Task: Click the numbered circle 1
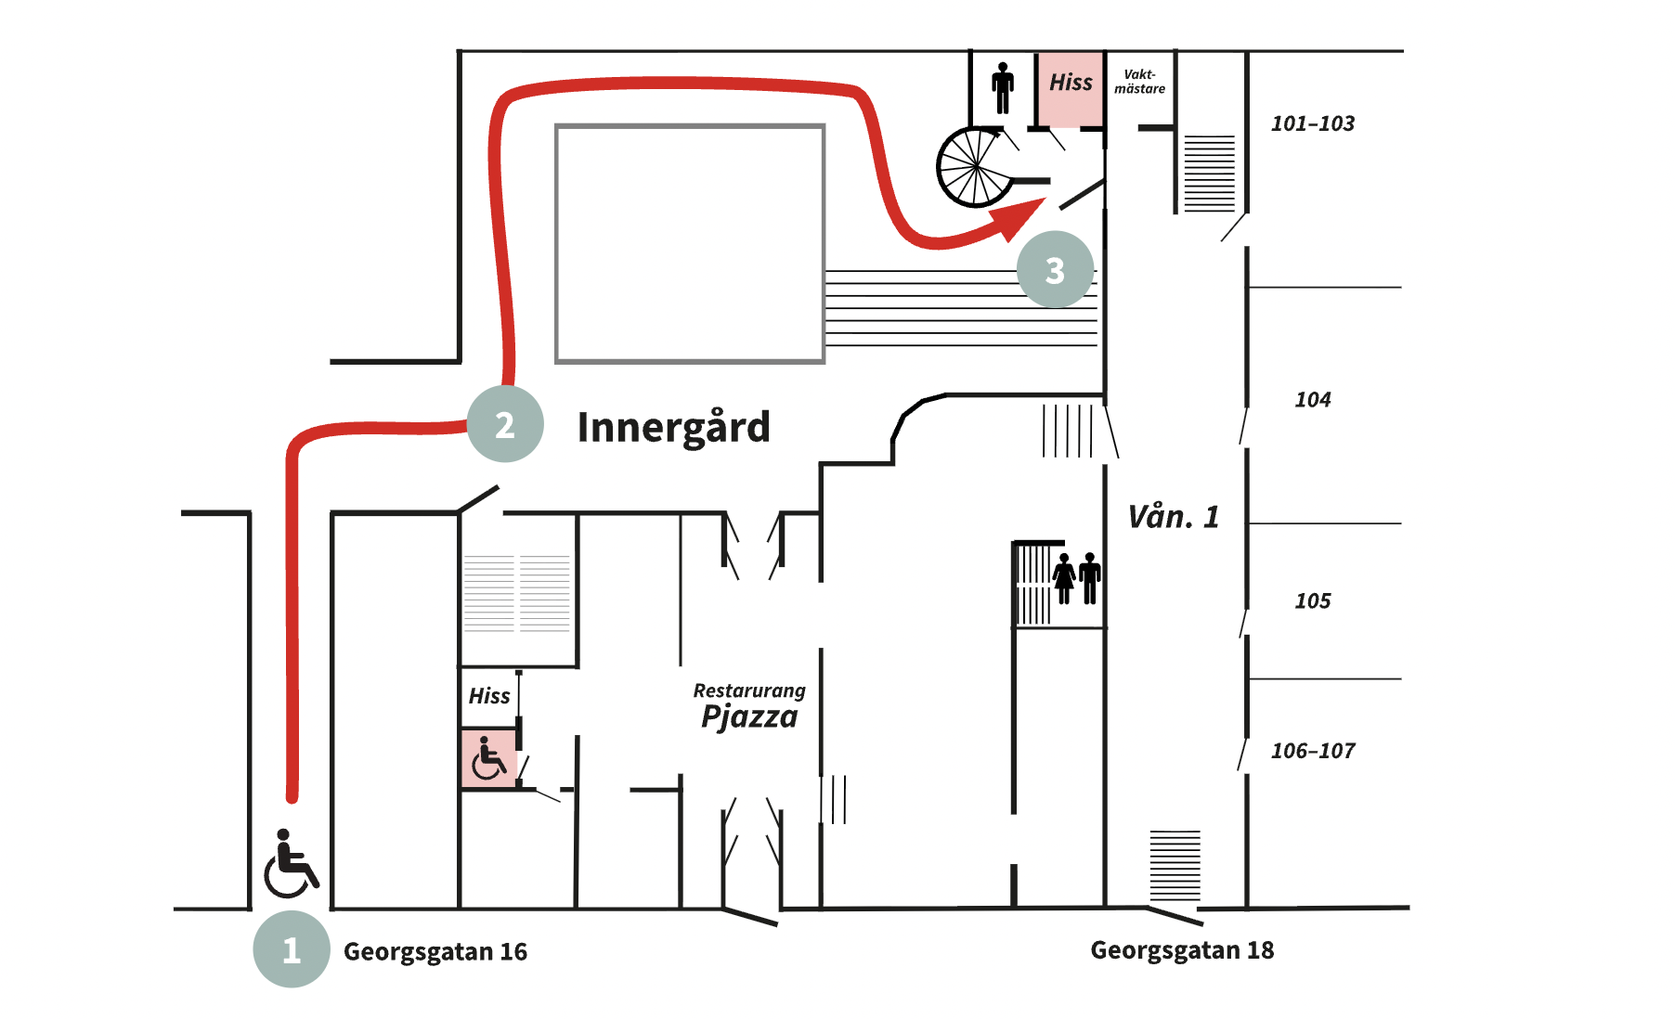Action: [292, 949]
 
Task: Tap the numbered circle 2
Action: [505, 424]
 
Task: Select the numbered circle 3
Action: [1055, 270]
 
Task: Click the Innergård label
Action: [673, 427]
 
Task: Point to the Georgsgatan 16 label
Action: [435, 951]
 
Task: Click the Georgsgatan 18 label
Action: [1182, 949]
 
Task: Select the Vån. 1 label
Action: [1173, 517]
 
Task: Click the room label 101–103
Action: [1312, 123]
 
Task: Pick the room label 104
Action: [1312, 400]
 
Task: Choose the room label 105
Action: [1312, 601]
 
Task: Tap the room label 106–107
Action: [1312, 751]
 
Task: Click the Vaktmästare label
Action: [1139, 82]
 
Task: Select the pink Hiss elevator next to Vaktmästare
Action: [1071, 88]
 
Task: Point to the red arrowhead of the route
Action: [1021, 218]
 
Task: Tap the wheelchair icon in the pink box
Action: [488, 758]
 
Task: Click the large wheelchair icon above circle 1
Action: [291, 864]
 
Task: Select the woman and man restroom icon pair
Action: [1077, 578]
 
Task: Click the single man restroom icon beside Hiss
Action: [1003, 88]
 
